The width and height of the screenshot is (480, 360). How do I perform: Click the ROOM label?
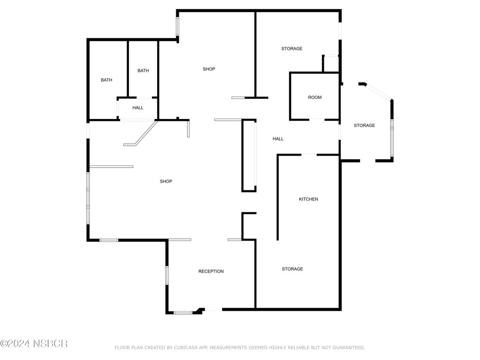pos(315,97)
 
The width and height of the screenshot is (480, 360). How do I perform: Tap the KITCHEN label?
pos(308,199)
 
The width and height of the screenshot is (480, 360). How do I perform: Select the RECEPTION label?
pos(211,271)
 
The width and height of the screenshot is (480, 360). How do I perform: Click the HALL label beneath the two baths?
pos(138,108)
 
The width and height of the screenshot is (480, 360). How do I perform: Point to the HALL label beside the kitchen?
pos(278,139)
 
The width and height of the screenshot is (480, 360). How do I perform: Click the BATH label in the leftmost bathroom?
pos(106,80)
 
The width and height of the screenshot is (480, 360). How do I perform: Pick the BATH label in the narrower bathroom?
pos(143,70)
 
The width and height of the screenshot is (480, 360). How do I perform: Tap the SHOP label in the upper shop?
pos(209,69)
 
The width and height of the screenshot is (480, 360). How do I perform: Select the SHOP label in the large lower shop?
pos(166,181)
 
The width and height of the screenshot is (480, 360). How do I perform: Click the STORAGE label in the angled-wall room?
pos(364,125)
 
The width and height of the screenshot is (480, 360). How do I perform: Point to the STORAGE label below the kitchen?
pos(292,269)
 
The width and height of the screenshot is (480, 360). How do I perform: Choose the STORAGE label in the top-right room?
pos(292,48)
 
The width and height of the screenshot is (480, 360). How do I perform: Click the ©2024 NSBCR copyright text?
pos(34,344)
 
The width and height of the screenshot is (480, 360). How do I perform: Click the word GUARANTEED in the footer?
pos(349,347)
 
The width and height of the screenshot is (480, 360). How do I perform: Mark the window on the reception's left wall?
pos(167,275)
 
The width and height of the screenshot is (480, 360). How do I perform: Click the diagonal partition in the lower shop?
pos(141,134)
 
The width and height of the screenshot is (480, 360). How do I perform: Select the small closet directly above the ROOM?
pos(330,63)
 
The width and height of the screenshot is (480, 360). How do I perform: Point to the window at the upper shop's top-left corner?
pos(177,26)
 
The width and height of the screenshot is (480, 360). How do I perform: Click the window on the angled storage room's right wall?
pos(392,138)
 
